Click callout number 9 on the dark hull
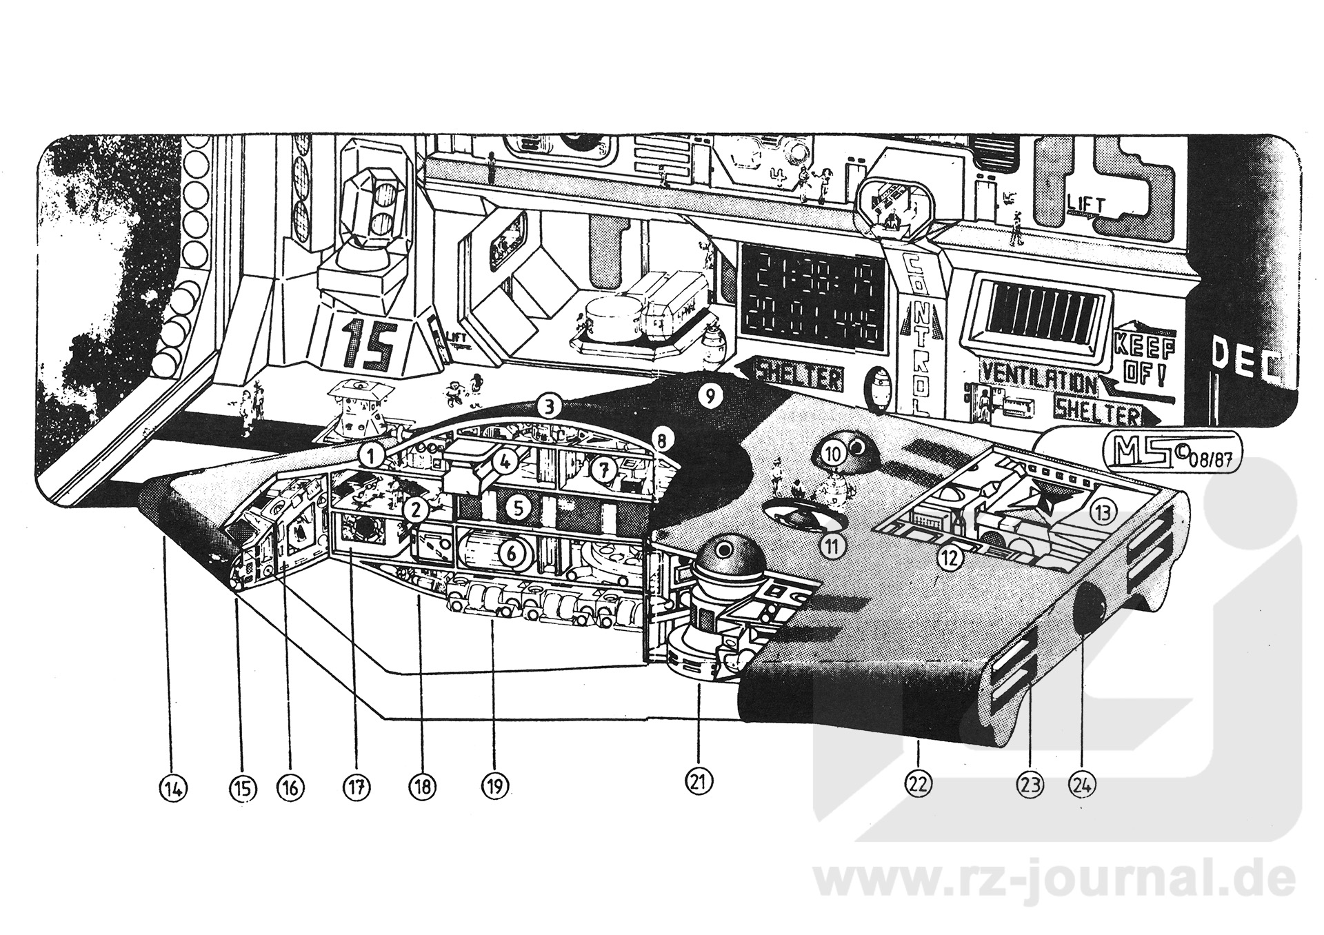coord(710,396)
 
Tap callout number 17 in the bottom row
coord(357,786)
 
